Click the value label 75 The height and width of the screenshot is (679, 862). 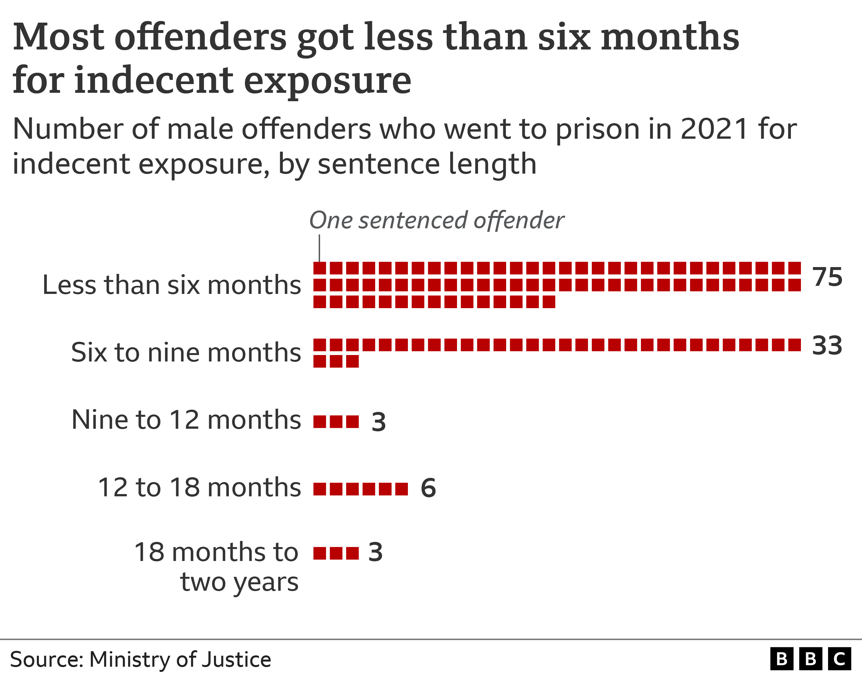[827, 277]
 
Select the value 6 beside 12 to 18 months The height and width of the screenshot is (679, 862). [428, 488]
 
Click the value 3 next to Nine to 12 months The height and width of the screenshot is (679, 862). [378, 422]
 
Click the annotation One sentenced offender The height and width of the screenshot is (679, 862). [436, 220]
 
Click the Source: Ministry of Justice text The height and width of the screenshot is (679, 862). [140, 660]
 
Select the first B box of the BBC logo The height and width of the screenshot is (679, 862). [781, 659]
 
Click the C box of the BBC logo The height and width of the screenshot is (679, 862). [839, 659]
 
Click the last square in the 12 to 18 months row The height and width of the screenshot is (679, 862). [401, 489]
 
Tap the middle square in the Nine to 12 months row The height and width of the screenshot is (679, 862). [336, 421]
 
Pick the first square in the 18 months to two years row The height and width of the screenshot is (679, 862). [320, 553]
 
